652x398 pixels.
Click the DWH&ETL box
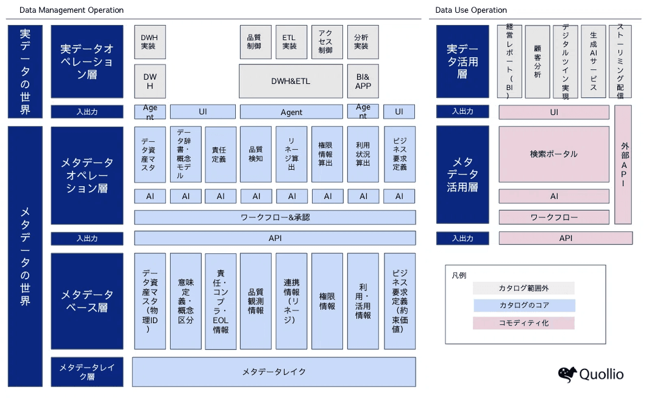click(x=291, y=81)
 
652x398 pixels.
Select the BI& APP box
click(x=363, y=81)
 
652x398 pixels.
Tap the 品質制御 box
click(x=254, y=41)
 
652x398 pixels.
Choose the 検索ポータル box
click(x=554, y=154)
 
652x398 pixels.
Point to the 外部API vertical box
click(x=623, y=164)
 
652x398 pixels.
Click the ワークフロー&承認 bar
click(x=275, y=217)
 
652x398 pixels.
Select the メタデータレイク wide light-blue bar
click(x=274, y=371)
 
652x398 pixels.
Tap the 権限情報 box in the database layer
click(x=327, y=301)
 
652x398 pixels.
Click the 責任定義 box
click(x=220, y=155)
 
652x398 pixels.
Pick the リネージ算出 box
click(x=291, y=155)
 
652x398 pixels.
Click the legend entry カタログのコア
click(x=523, y=305)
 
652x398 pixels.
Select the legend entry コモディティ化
click(x=523, y=323)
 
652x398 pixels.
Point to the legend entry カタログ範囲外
click(x=523, y=288)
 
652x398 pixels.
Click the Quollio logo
click(x=590, y=374)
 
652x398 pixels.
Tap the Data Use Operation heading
click(x=471, y=10)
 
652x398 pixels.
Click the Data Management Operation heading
click(x=71, y=10)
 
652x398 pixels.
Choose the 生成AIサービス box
click(x=593, y=61)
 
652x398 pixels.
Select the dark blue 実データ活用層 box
click(x=462, y=61)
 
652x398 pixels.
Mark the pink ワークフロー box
click(x=554, y=217)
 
